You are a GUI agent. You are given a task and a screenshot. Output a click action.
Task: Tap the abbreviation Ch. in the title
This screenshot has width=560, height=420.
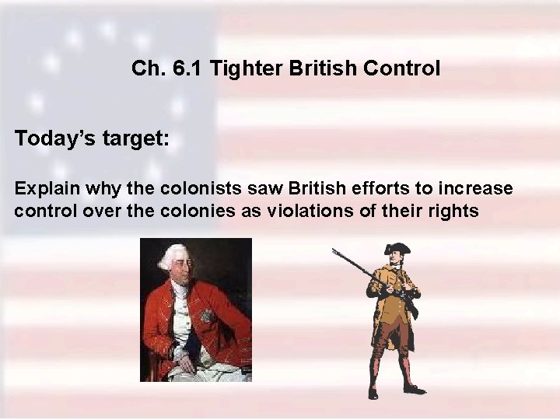point(147,69)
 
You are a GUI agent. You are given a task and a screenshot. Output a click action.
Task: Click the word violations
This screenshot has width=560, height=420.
point(331,211)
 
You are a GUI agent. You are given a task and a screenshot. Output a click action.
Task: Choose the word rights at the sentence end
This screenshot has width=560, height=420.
point(455,212)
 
